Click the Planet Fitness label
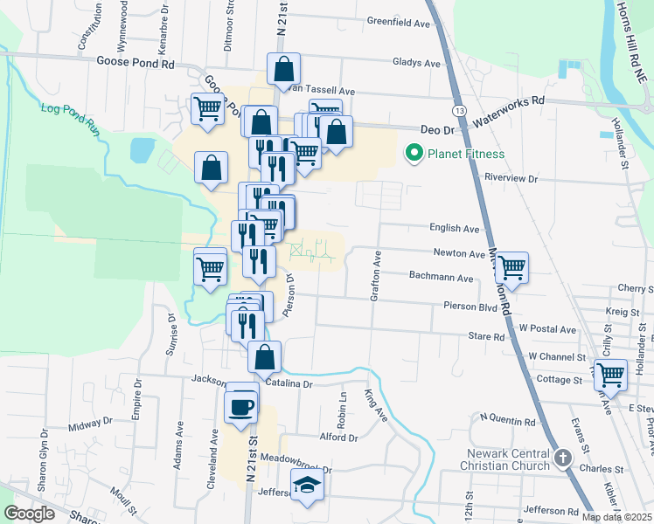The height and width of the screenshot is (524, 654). click(x=465, y=155)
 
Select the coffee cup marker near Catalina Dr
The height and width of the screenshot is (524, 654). click(x=241, y=405)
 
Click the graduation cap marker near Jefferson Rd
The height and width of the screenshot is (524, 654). click(x=306, y=485)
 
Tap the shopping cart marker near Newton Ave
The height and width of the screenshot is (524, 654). click(x=511, y=266)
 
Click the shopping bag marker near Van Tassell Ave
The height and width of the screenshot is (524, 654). click(x=284, y=68)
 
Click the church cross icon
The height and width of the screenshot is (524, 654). click(x=563, y=457)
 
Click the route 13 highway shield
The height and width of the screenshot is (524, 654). click(x=459, y=111)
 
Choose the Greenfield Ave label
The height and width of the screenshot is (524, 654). click(x=399, y=22)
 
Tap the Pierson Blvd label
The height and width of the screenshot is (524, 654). click(x=470, y=307)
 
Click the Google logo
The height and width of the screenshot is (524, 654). click(x=29, y=514)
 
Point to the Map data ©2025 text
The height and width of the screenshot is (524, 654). click(x=617, y=517)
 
